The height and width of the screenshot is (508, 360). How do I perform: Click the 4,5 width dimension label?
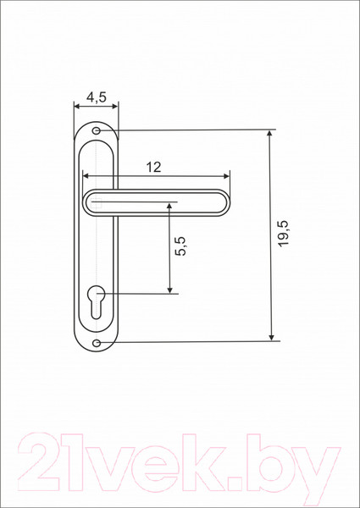coord(97,97)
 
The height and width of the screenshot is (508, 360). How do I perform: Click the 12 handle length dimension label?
coord(153,167)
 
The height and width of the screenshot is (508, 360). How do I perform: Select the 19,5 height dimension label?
coord(284,234)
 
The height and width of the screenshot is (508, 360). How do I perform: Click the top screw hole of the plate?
coord(97,131)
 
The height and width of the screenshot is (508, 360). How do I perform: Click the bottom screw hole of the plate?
coord(97,342)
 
